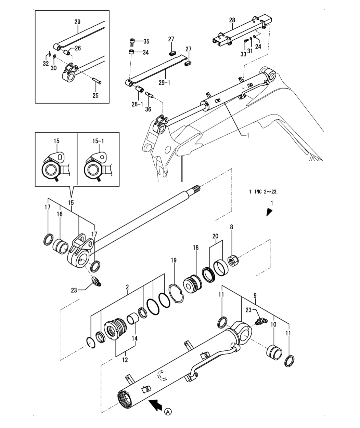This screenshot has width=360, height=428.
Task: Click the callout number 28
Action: (x=232, y=20)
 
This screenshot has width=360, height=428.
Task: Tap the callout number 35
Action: (x=146, y=42)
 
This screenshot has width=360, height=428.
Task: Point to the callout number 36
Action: (x=148, y=109)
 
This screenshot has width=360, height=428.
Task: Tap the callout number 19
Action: (x=174, y=260)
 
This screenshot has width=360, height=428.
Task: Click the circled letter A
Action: (x=168, y=412)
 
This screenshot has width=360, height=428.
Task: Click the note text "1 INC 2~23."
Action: (x=263, y=192)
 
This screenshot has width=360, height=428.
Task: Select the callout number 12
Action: (x=125, y=360)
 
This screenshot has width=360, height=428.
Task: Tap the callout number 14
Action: (x=135, y=338)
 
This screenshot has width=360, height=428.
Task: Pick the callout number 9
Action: (x=255, y=295)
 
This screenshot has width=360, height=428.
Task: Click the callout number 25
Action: (x=95, y=95)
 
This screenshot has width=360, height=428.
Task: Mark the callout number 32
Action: (x=46, y=64)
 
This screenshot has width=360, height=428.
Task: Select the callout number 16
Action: (x=60, y=214)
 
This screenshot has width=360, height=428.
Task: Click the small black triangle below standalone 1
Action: (x=269, y=212)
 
